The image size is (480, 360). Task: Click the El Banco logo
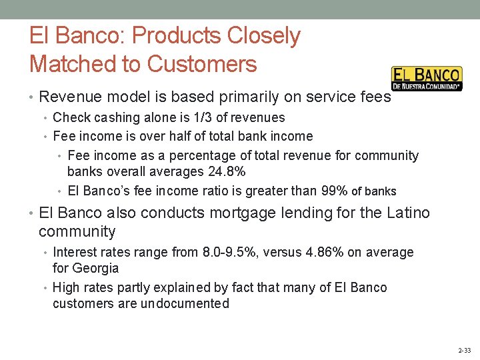426,79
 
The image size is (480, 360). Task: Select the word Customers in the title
201,64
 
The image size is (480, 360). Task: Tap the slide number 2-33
465,350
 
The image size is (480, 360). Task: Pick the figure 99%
334,191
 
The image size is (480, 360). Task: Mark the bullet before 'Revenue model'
33,97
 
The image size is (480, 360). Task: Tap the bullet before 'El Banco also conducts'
33,214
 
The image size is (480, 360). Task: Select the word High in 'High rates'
66,288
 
